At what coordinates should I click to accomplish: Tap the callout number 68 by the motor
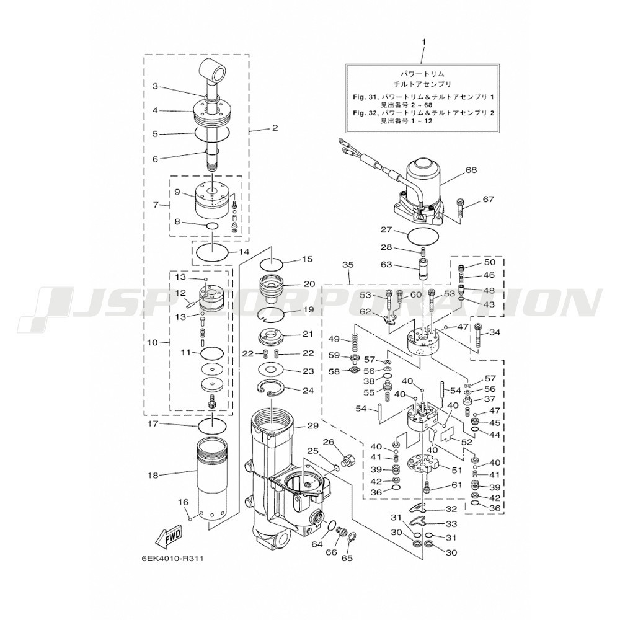(x=471, y=170)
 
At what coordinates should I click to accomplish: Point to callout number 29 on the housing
(x=312, y=426)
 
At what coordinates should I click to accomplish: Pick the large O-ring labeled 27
(x=423, y=236)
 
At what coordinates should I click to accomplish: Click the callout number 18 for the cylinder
(x=153, y=475)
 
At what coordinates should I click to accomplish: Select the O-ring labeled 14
(x=212, y=251)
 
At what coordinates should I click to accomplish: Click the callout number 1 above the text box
(x=424, y=42)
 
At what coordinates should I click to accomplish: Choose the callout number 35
(x=348, y=265)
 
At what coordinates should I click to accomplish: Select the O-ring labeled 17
(x=212, y=427)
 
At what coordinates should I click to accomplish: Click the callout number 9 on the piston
(x=177, y=192)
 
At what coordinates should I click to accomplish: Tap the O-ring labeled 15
(x=272, y=262)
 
